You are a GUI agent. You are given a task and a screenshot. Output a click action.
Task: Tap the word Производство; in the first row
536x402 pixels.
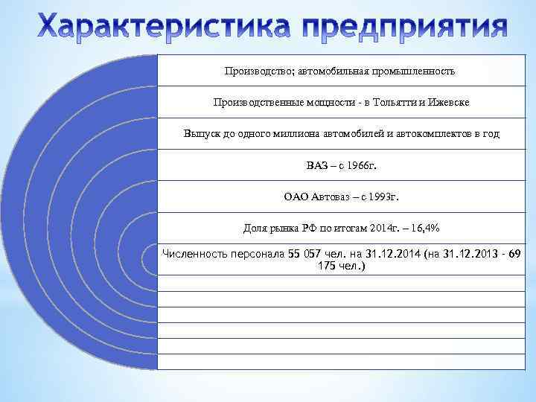258,71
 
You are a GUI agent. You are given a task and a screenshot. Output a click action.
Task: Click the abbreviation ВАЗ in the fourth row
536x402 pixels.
316,165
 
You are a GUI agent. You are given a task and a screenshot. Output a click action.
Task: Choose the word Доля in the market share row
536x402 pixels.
255,229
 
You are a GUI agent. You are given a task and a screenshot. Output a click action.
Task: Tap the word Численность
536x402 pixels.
192,254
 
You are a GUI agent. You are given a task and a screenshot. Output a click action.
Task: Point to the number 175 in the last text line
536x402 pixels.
327,265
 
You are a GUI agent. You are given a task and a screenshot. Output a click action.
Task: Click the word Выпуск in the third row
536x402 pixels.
201,134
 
